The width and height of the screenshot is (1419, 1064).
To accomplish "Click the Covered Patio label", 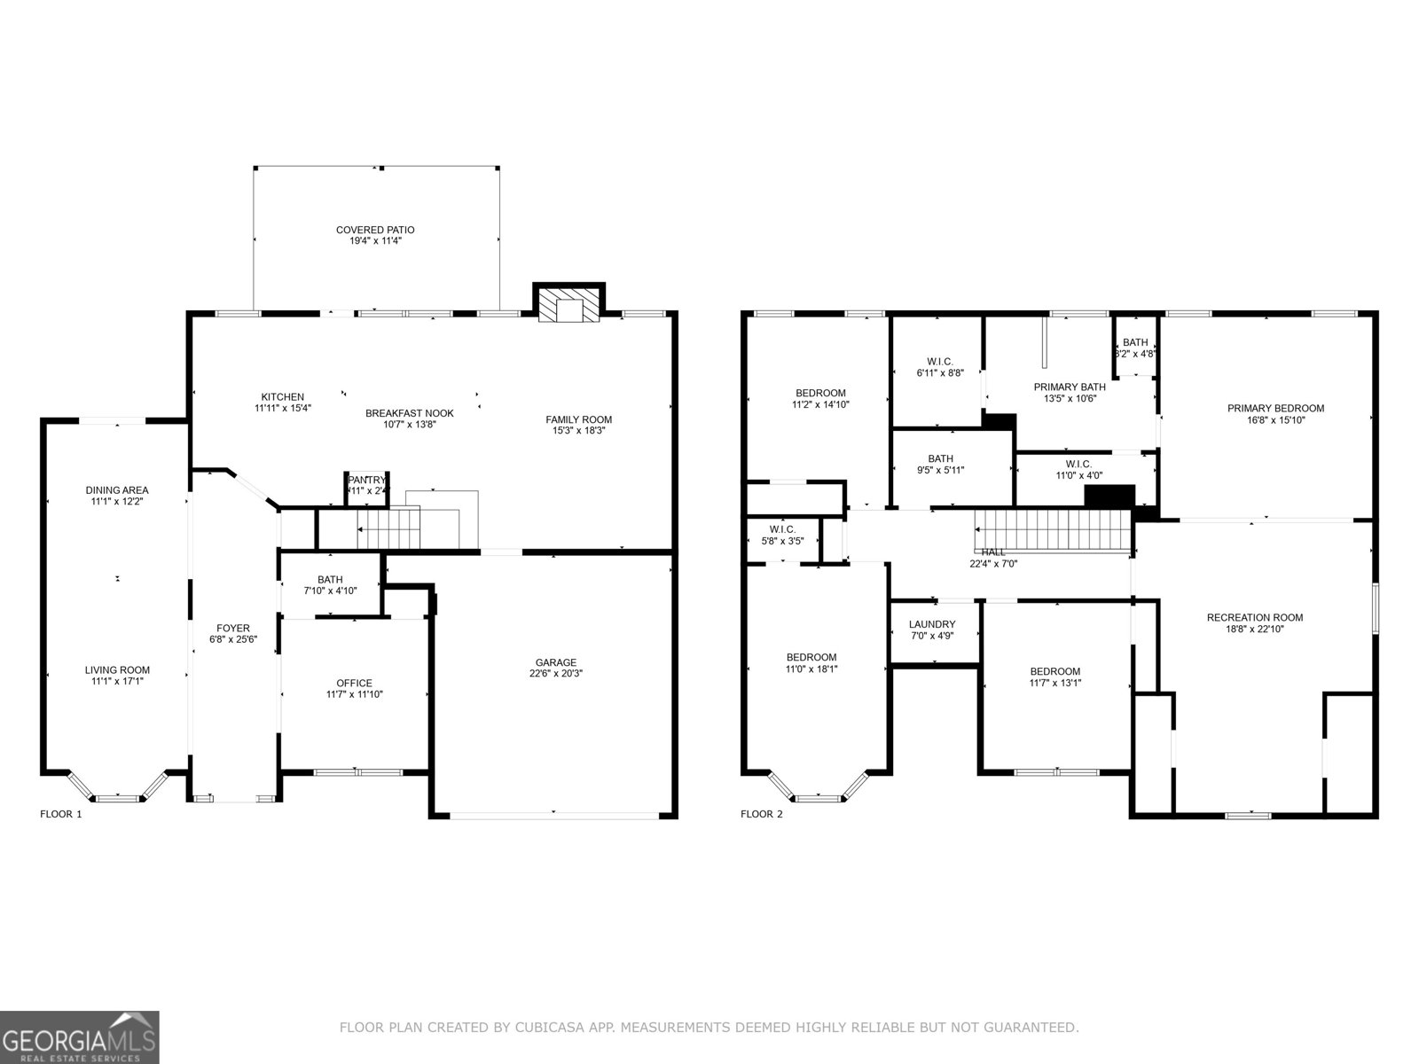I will (375, 231).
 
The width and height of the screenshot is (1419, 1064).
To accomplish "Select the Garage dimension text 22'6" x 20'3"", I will (555, 674).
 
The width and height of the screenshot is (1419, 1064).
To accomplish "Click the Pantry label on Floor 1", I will (367, 480).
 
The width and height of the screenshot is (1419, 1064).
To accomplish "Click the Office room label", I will (354, 683).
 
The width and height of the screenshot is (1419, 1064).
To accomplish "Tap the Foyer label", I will (233, 629).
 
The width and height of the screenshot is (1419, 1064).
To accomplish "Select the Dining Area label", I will (116, 490).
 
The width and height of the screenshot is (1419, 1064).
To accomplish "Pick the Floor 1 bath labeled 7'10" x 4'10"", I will (330, 585).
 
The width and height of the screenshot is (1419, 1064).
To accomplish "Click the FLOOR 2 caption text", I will (762, 814).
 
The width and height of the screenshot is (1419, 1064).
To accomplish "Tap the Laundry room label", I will (932, 624).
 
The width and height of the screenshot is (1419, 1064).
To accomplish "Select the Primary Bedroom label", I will (1275, 409).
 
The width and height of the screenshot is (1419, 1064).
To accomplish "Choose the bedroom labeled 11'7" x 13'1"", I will (1054, 677).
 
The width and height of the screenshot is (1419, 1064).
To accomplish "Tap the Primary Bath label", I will (1069, 387).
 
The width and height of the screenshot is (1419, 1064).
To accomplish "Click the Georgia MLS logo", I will (79, 1036).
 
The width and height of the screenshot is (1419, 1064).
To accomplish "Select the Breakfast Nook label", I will (409, 413).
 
